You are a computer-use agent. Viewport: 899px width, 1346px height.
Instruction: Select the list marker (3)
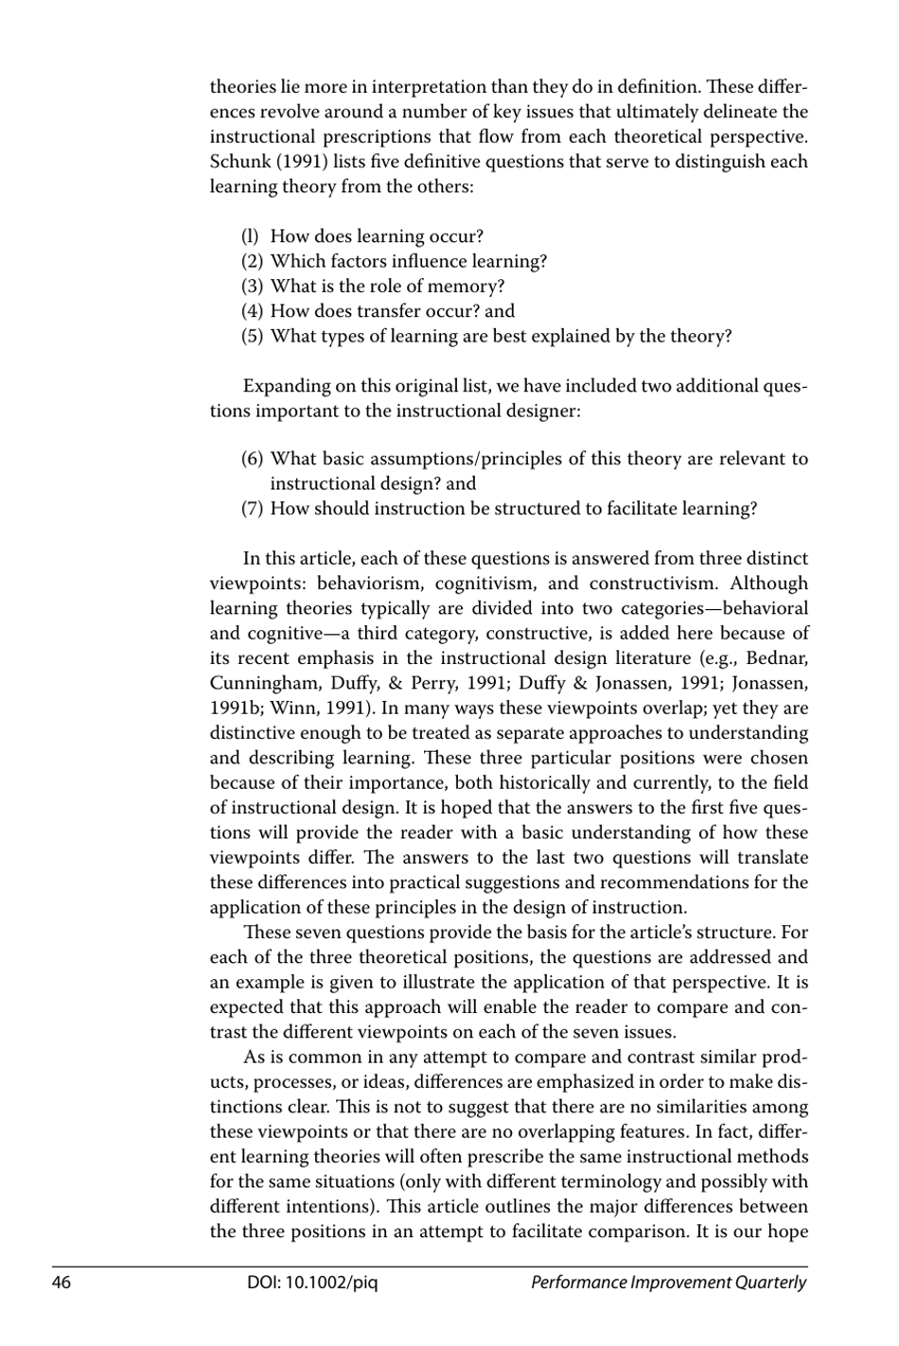coord(252,287)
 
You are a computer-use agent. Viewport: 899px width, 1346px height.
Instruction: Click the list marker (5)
coord(252,337)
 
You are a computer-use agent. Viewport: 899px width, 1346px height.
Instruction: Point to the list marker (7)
coord(252,509)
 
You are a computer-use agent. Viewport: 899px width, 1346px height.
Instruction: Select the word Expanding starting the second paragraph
coord(287,387)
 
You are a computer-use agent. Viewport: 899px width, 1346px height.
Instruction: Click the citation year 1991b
coord(233,708)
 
